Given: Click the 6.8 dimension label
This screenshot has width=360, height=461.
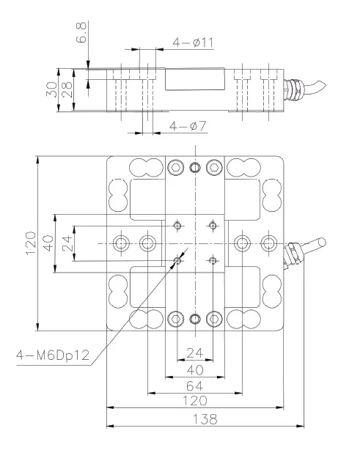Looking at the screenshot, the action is [81, 32].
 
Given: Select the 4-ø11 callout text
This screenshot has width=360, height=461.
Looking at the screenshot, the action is [193, 43].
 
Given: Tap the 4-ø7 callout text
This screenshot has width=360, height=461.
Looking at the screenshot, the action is [188, 126].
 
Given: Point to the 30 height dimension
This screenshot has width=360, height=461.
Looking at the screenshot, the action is [51, 89].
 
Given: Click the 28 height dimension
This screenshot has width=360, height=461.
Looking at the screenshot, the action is [67, 89].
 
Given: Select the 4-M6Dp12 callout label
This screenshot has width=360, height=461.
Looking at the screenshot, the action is [53, 355].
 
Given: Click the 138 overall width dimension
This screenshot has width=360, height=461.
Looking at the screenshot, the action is [205, 419].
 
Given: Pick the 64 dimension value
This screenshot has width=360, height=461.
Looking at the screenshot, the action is [195, 386].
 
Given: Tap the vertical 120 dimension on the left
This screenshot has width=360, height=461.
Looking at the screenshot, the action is [31, 243].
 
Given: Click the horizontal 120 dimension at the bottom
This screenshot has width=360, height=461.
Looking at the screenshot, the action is [195, 400].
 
